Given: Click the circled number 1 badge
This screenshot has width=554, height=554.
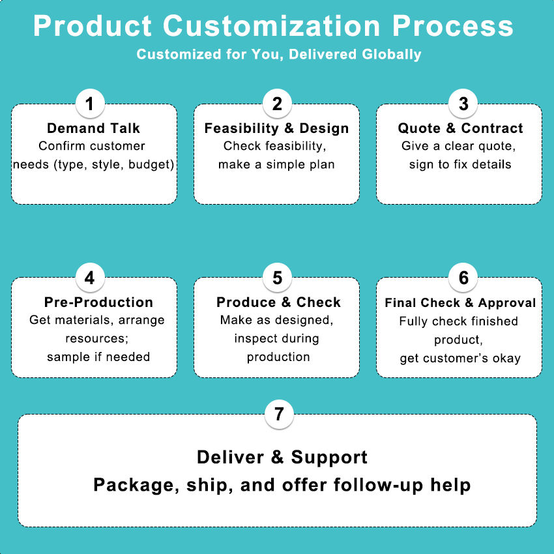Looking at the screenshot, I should (90, 104).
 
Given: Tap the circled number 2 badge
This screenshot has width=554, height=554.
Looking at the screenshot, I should (277, 104).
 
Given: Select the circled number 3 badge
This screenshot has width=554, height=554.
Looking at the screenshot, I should (463, 104).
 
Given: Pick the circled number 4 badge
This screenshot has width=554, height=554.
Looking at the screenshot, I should (90, 278).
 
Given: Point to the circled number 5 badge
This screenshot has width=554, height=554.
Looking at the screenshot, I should (277, 278).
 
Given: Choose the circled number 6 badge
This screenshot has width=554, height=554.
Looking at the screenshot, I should (463, 278).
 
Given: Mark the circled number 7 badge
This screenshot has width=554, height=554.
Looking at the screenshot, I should (279, 415).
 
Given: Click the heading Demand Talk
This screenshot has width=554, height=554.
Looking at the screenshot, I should (94, 128).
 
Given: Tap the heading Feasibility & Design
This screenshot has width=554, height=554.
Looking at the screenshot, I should (277, 128).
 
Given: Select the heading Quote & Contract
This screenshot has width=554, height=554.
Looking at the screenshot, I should (461, 128).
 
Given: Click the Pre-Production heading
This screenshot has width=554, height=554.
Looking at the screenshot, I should (99, 302).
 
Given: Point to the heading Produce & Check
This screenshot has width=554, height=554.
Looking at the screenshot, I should (278, 302).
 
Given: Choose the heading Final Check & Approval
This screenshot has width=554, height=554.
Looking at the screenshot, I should (460, 302).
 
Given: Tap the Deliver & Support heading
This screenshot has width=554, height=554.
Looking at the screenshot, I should (282, 457).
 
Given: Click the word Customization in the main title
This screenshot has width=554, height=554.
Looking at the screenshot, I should (272, 27).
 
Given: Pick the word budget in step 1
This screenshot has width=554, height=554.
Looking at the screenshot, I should (151, 164).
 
